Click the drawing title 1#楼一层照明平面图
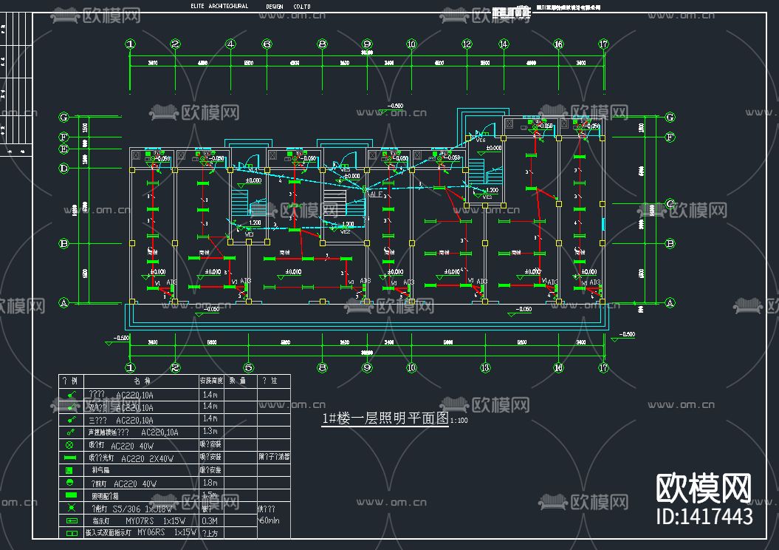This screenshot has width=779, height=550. (x=385, y=418)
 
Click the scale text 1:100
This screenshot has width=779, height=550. (x=459, y=421)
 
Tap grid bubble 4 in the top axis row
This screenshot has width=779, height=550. (x=230, y=44)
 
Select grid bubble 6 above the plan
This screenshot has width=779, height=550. (x=267, y=44)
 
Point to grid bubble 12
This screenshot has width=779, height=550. (x=467, y=44)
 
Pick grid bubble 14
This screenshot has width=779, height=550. (x=504, y=44)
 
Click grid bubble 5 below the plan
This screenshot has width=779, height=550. (x=249, y=367)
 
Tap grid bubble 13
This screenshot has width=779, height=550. (x=485, y=367)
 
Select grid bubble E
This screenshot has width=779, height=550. (x=64, y=149)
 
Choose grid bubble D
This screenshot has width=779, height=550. (x=64, y=169)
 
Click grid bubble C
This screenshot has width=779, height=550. (x=670, y=203)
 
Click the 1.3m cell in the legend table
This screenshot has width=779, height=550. (x=210, y=431)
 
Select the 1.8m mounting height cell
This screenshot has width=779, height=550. (x=210, y=483)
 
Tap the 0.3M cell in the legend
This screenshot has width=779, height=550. (x=210, y=520)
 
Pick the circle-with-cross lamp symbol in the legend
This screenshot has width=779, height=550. (x=70, y=445)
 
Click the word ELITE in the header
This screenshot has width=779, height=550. (x=198, y=6)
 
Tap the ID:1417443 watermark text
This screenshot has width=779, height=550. (x=704, y=516)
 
